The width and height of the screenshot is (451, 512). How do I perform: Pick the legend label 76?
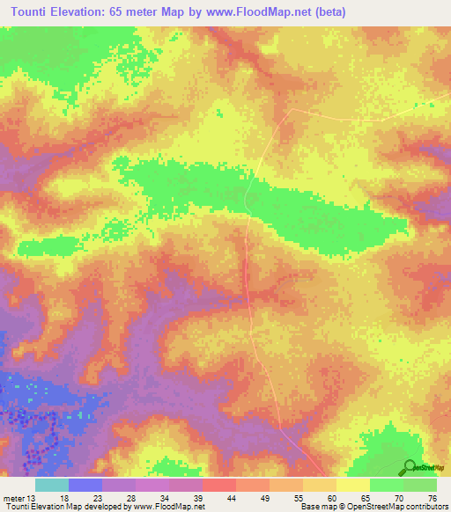click(431, 498)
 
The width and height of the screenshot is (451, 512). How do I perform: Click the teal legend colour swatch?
click(52, 485)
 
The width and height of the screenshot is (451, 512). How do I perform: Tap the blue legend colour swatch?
click(85, 485)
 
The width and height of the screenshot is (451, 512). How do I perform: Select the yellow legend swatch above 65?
click(352, 485)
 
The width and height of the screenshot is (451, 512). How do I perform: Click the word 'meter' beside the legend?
click(16, 498)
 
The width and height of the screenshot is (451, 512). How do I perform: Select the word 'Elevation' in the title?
click(85, 12)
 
